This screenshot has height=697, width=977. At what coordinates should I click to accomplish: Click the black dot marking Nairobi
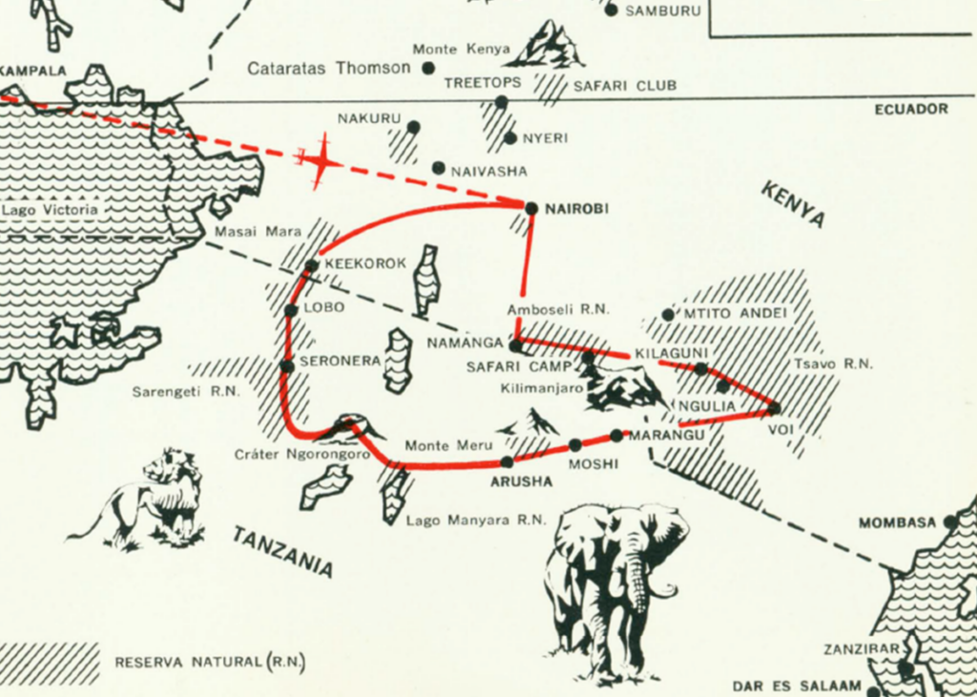pos(531,207)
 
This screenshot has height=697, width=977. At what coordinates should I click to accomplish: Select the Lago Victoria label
pos(50,209)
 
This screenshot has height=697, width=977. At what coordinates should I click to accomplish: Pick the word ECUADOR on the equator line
pos(911,109)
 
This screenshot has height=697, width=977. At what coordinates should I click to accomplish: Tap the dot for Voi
pos(774,409)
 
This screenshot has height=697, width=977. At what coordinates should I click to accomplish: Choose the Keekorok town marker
pos(311,266)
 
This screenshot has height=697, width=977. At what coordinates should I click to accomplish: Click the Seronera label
pos(341,361)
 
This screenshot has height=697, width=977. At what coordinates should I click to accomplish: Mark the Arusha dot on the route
pos(507,462)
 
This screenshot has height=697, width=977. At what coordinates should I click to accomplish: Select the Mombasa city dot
pos(949,521)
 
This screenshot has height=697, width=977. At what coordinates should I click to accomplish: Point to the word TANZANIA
pos(282,551)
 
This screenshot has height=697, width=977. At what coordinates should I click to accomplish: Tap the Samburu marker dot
pos(611,11)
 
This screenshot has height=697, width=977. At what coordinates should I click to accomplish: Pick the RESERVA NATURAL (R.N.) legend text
pos(210,662)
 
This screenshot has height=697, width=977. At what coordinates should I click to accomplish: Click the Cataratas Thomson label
pos(329,69)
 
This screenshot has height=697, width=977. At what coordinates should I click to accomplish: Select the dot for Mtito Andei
pos(668,314)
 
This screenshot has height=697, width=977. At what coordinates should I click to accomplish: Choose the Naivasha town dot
pos(438,168)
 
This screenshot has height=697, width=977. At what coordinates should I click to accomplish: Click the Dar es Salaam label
pos(797,686)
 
